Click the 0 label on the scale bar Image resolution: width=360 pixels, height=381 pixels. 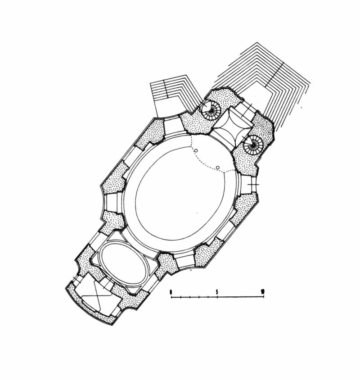coord(171,291)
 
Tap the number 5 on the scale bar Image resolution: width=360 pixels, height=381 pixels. coord(217,291)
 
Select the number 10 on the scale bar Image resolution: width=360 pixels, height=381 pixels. coord(262,291)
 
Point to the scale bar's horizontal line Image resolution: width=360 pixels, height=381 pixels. coord(217,297)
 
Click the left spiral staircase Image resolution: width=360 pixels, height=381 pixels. coord(211,110)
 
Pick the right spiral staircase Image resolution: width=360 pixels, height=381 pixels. coord(253,145)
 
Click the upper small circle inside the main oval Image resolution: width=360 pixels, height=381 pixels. coord(196,150)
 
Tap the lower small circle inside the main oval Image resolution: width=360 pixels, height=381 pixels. coord(218,168)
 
